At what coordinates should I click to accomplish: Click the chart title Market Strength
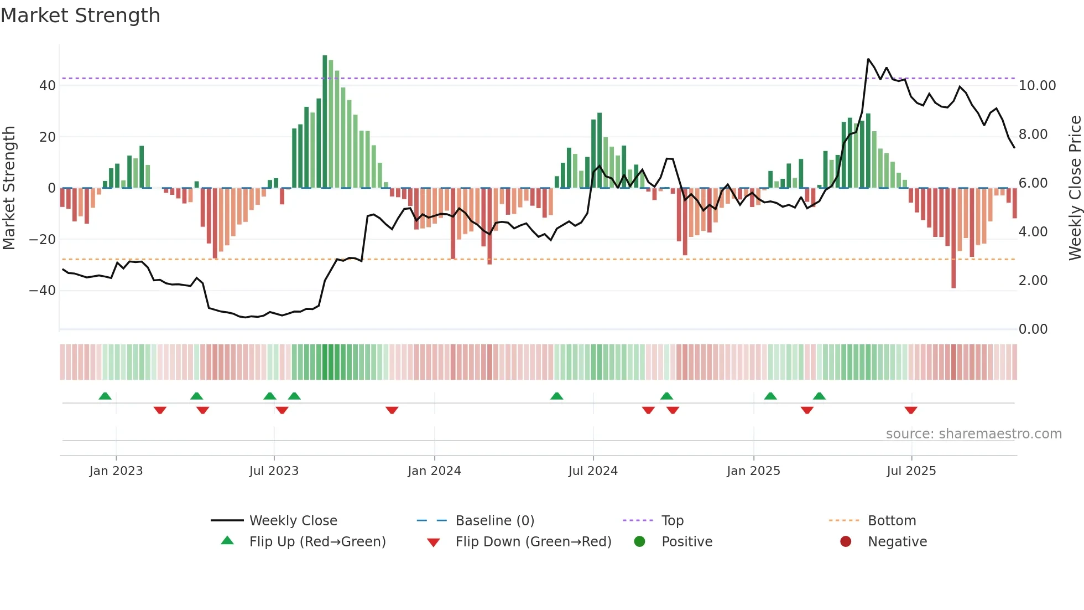80,15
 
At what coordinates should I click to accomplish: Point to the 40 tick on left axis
48,86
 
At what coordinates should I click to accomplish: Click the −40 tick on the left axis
43,291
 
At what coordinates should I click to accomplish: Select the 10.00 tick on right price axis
1037,86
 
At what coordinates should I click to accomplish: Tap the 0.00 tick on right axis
1033,329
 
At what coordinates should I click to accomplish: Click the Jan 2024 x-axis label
434,471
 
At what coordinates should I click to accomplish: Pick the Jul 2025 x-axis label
911,471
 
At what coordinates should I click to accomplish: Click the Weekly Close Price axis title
1075,188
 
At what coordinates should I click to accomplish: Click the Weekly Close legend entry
293,521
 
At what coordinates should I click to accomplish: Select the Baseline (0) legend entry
494,521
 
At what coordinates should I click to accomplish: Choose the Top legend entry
672,521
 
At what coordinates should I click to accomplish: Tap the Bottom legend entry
892,521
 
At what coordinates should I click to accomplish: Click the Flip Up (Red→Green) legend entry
317,542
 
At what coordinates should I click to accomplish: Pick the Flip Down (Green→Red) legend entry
533,542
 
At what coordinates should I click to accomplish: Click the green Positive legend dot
639,542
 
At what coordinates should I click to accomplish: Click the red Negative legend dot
846,542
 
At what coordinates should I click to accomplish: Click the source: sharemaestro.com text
973,434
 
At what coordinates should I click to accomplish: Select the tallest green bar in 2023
325,122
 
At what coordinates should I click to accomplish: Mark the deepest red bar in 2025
953,238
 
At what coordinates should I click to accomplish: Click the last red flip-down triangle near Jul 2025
911,410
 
